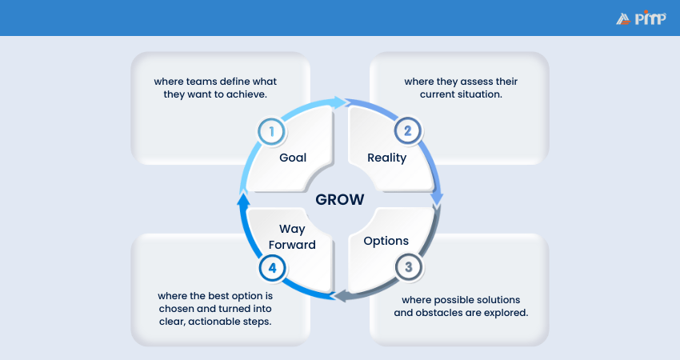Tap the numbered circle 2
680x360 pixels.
[407, 130]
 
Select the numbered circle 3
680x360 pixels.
[408, 267]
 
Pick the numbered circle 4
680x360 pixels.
[272, 267]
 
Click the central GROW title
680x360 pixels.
[339, 199]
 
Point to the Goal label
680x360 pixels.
[293, 158]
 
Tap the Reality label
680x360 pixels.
[386, 158]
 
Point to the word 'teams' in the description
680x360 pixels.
[204, 82]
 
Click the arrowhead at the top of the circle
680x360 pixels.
[340, 102]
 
